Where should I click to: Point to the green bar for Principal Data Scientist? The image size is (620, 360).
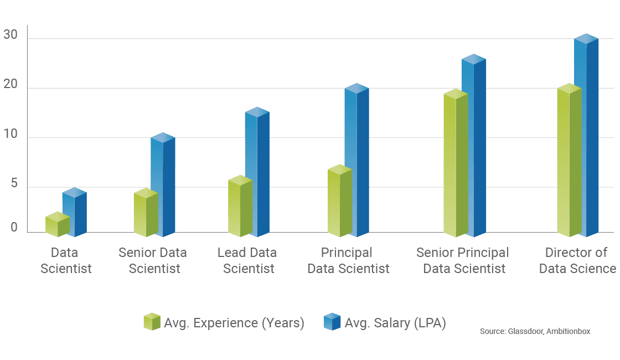(339, 202)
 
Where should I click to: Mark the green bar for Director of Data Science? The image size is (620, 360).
(569, 161)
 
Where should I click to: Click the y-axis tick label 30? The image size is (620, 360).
(11, 35)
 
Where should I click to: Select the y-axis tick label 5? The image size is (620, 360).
(13, 183)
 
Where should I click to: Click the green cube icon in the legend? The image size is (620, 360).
(151, 321)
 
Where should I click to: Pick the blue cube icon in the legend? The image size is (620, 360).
(332, 321)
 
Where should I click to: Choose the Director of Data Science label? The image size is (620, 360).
(578, 260)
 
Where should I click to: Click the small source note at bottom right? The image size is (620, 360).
(535, 331)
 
